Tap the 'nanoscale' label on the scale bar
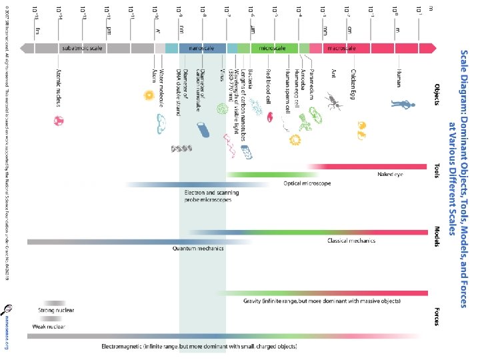tap(201, 49)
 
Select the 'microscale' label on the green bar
tap(273, 49)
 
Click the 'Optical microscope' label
tap(307, 183)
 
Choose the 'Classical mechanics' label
tap(351, 240)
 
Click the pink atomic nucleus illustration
tap(59, 121)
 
